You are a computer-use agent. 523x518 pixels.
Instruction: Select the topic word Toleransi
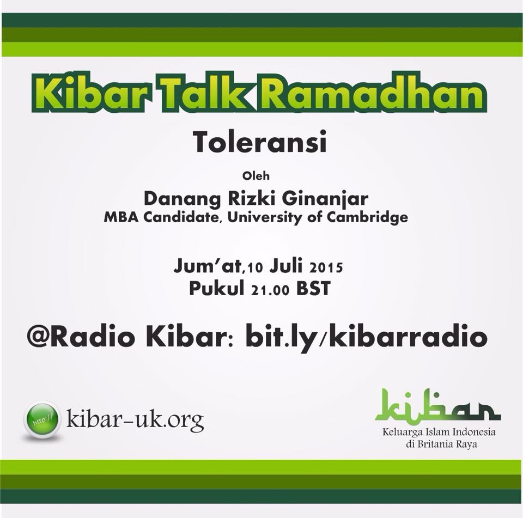pos(260,142)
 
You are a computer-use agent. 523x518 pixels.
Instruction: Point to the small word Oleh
pos(256,176)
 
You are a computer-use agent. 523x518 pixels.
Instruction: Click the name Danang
pos(182,198)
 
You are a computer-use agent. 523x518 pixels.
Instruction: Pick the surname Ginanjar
pos(325,199)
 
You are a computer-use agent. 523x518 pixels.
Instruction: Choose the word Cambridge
pos(367,217)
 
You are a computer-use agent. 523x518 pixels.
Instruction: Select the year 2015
pos(326,267)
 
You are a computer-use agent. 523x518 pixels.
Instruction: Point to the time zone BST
pos(313,289)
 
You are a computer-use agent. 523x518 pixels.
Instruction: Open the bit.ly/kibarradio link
pos(366,338)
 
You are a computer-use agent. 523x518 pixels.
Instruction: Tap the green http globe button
pos(42,419)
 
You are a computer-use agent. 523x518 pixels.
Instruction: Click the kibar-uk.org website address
pos(135,419)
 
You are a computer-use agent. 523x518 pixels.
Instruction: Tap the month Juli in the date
pos(286,266)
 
